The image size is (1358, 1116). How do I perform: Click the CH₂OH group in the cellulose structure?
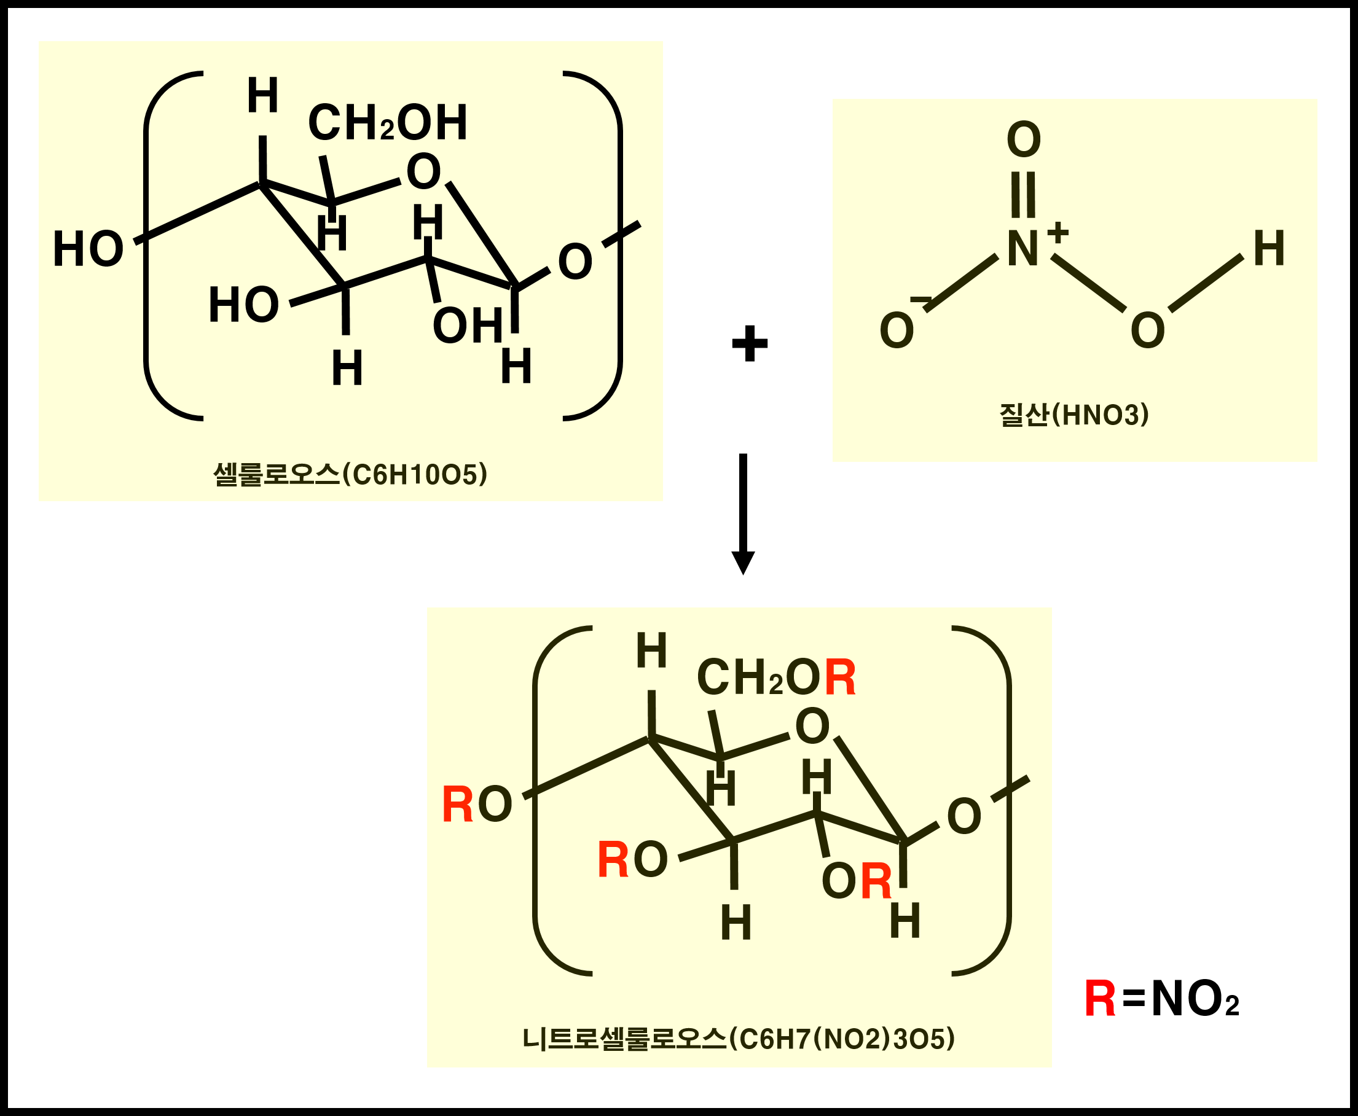(x=388, y=123)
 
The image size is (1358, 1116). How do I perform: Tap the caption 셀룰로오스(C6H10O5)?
(x=350, y=475)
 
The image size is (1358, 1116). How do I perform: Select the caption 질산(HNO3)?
(x=1073, y=415)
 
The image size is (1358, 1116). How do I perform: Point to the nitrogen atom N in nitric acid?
(x=1022, y=249)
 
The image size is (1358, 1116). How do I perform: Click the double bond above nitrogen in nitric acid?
(x=1023, y=195)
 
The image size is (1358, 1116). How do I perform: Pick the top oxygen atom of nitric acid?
(x=1024, y=139)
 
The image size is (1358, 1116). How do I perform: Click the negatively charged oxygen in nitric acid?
(x=897, y=330)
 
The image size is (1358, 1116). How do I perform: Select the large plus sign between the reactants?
(x=750, y=344)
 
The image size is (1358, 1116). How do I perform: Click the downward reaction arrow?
(x=744, y=513)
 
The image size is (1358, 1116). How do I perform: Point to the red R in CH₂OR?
(x=841, y=678)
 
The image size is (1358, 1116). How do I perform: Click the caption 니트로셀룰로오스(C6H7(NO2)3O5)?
(x=739, y=1039)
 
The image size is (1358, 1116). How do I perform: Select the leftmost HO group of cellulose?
(x=88, y=249)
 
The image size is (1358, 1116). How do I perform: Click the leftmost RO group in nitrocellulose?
(x=477, y=805)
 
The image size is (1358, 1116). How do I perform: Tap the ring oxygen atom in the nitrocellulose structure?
(x=813, y=727)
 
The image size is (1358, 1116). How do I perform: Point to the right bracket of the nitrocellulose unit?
(x=1007, y=800)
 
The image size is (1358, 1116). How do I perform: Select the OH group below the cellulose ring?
(x=468, y=326)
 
